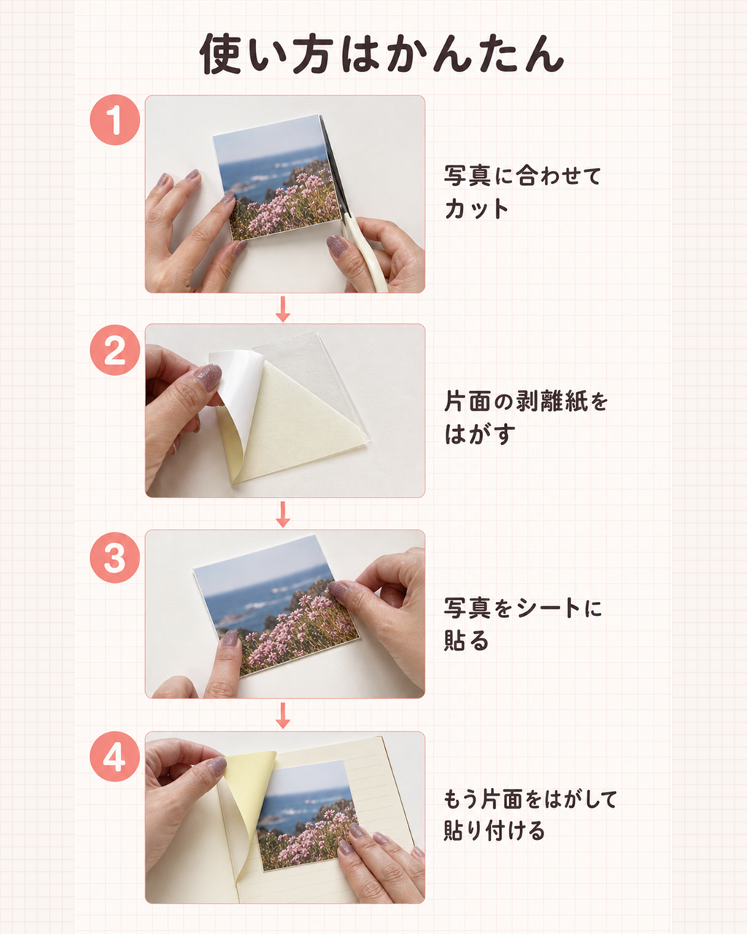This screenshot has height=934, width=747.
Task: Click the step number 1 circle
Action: [x=115, y=120]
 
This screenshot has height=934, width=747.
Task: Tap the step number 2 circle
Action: [x=115, y=350]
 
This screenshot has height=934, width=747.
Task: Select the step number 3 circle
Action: [x=115, y=557]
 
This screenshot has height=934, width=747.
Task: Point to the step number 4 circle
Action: [x=115, y=756]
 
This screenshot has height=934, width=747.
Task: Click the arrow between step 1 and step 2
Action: [x=283, y=309]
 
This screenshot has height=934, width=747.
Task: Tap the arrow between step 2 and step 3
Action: [x=283, y=514]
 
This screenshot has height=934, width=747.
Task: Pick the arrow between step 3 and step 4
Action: [x=283, y=716]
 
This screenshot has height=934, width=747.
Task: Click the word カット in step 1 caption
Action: [x=476, y=209]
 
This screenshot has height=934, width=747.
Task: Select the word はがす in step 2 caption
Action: [x=479, y=434]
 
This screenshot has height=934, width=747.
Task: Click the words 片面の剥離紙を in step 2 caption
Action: [x=526, y=401]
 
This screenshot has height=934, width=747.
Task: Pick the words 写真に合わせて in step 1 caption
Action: [x=522, y=175]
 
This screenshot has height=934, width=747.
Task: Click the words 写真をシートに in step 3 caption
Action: [x=523, y=607]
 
